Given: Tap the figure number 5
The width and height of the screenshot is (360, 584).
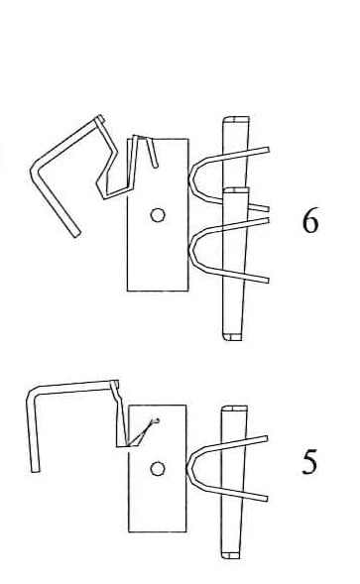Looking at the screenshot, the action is click(309, 462).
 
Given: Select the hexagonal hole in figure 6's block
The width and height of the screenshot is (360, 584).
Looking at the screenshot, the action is click(158, 215).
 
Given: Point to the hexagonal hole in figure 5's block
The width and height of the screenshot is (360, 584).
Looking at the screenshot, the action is click(158, 469).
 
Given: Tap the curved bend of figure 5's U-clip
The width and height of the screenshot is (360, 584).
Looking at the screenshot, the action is click(189, 467).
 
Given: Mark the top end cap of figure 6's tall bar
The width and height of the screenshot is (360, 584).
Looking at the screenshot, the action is click(236, 120).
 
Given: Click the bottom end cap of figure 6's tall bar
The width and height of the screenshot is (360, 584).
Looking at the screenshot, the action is click(233, 337).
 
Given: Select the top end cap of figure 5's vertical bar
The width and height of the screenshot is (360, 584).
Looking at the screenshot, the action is click(234, 409).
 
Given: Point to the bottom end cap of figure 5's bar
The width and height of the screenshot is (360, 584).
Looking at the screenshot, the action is click(231, 555).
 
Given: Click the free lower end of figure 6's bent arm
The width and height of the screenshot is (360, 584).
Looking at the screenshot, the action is click(76, 234).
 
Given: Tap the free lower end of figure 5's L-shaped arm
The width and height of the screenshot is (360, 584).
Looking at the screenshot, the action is click(36, 469).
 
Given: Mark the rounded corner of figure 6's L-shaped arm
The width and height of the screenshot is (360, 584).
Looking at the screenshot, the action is click(35, 171).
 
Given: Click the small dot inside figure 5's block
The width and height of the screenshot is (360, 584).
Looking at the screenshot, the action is click(158, 420).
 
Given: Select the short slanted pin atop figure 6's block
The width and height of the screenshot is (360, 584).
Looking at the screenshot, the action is click(152, 153).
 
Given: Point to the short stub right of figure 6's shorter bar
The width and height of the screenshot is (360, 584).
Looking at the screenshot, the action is click(258, 207).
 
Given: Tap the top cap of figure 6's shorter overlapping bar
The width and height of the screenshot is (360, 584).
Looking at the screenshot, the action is click(236, 190).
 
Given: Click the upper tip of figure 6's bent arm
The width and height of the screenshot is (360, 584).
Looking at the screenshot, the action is click(99, 118).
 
